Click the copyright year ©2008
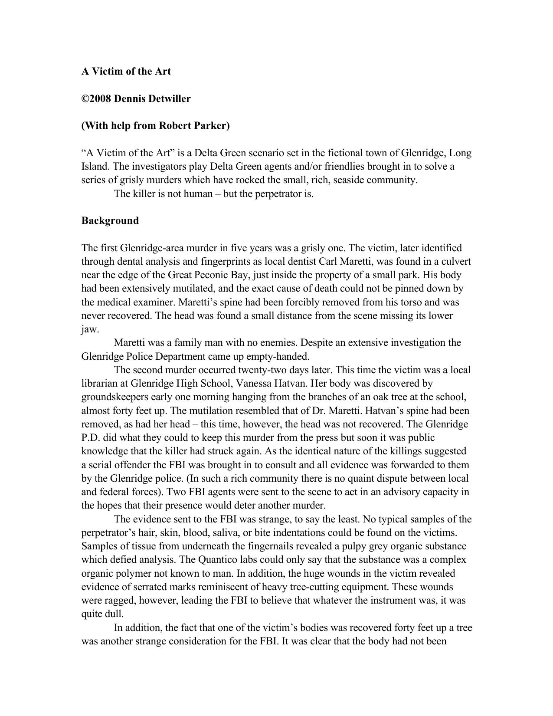pos(96,99)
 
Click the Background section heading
pos(110,220)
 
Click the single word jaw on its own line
pos(89,329)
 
